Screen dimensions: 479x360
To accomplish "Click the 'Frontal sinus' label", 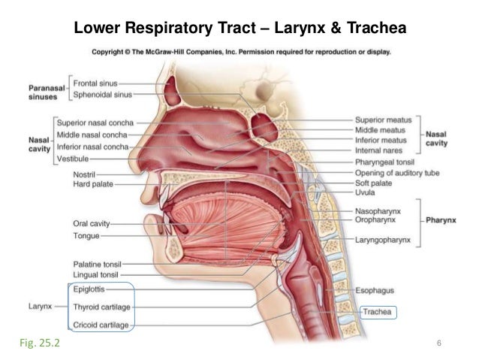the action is pos(95,83).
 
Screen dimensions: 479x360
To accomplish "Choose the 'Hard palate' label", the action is pos(93,185).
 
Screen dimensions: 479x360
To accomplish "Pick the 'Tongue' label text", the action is pos(86,234).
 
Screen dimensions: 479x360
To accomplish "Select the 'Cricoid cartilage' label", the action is pos(101,325).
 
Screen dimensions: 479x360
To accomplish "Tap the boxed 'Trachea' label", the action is pos(379,311).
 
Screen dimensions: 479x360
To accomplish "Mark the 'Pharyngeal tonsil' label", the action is pos(390,161).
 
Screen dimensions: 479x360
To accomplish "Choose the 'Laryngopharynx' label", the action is pos(386,241).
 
